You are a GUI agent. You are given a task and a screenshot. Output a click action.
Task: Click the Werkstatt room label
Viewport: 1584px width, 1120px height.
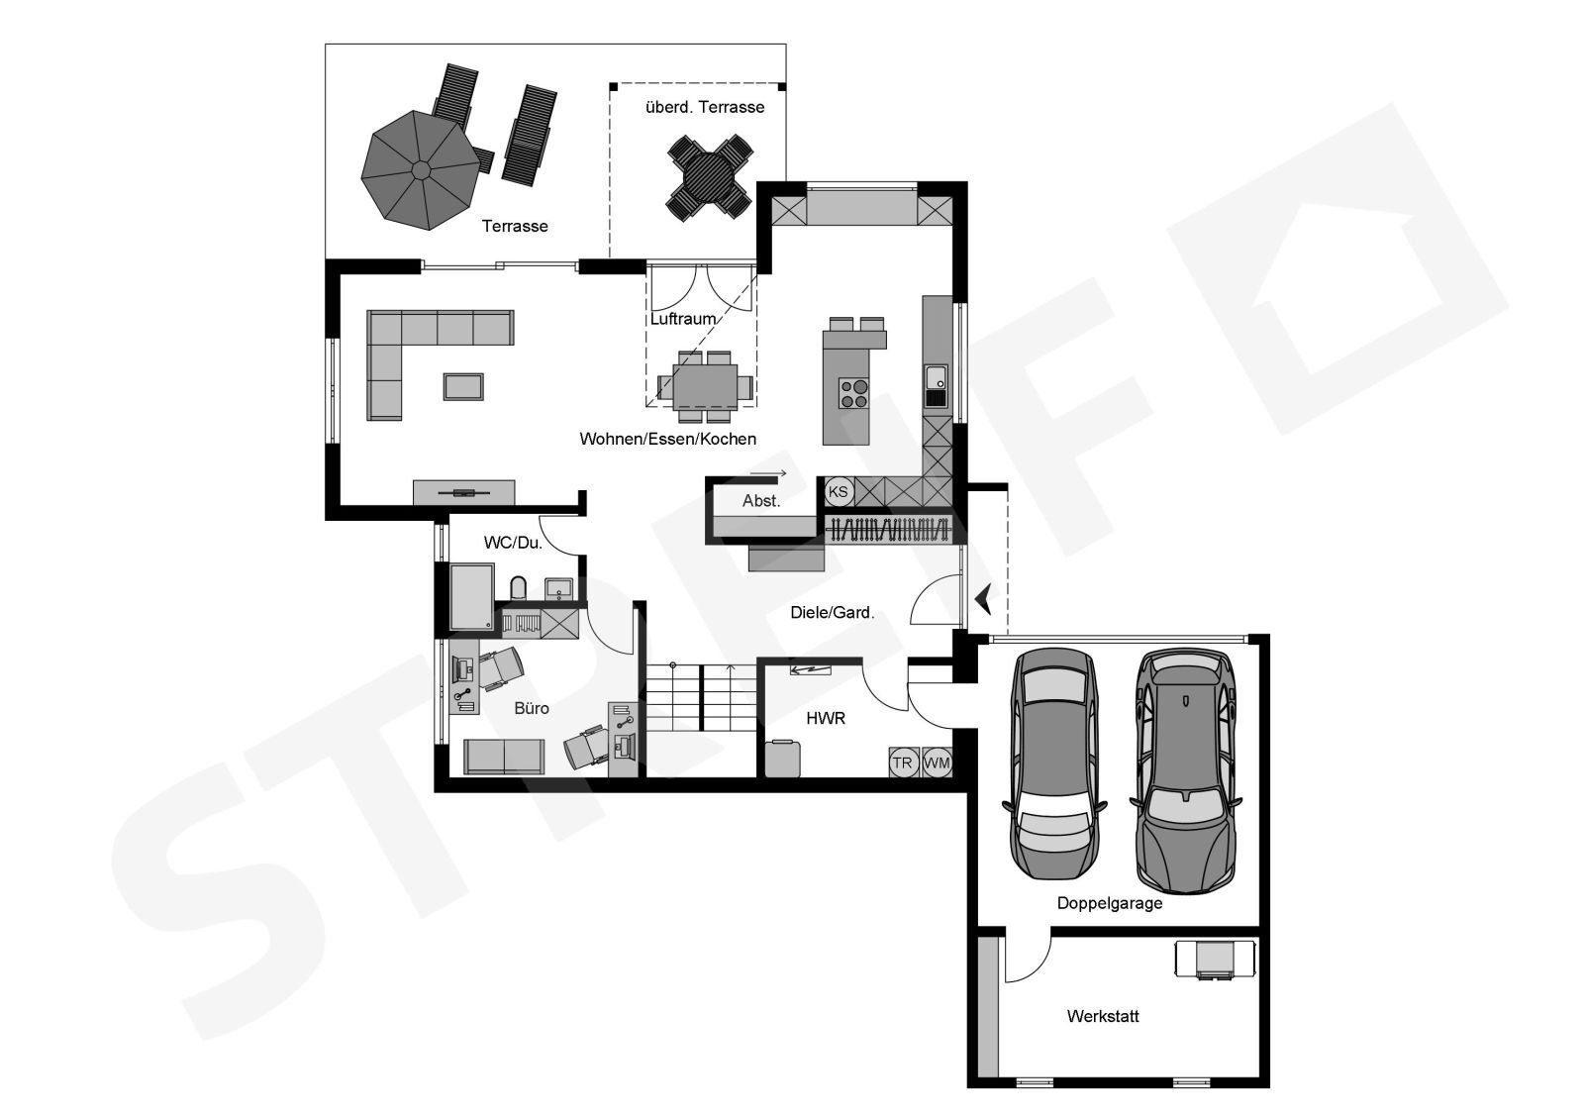pyautogui.click(x=1103, y=1017)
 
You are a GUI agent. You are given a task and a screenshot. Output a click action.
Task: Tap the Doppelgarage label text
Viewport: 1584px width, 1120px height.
pyautogui.click(x=1110, y=903)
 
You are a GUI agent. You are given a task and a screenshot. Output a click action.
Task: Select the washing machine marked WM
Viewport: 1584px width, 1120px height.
pyautogui.click(x=937, y=763)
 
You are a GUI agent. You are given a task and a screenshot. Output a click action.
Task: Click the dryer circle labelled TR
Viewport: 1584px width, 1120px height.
pyautogui.click(x=903, y=763)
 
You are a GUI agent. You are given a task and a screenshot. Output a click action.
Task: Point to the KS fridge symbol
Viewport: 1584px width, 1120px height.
pyautogui.click(x=839, y=492)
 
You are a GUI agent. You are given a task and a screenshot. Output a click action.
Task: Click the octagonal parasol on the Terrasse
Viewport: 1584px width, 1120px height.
pyautogui.click(x=421, y=169)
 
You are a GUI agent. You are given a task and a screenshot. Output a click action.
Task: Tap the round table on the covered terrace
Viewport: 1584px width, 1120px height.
pyautogui.click(x=709, y=177)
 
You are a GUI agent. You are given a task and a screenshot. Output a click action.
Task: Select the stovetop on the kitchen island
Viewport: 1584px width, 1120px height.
pyautogui.click(x=853, y=394)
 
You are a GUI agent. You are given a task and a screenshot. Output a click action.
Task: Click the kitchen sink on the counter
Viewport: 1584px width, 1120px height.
pyautogui.click(x=937, y=376)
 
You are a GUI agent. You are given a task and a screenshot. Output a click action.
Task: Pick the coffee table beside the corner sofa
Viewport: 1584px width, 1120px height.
pyautogui.click(x=464, y=387)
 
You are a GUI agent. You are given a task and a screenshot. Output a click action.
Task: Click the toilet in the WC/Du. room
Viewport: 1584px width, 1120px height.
pyautogui.click(x=519, y=588)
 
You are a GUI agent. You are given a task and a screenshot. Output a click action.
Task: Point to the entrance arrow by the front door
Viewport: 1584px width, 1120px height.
pyautogui.click(x=984, y=598)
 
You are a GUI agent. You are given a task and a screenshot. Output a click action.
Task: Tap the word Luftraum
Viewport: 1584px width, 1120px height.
pyautogui.click(x=683, y=319)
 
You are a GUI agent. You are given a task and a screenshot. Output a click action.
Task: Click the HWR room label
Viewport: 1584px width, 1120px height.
pyautogui.click(x=826, y=719)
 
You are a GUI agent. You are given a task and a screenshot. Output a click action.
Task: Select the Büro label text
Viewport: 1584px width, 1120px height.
pyautogui.click(x=532, y=708)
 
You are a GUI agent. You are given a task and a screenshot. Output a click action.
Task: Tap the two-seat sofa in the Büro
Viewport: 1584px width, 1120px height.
pyautogui.click(x=504, y=757)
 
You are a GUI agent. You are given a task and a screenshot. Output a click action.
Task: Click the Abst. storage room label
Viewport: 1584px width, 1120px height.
pyautogui.click(x=761, y=501)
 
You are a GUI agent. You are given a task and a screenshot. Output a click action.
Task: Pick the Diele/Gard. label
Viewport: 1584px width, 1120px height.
pyautogui.click(x=833, y=613)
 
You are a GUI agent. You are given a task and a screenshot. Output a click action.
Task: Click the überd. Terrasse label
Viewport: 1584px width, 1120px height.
pyautogui.click(x=705, y=108)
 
